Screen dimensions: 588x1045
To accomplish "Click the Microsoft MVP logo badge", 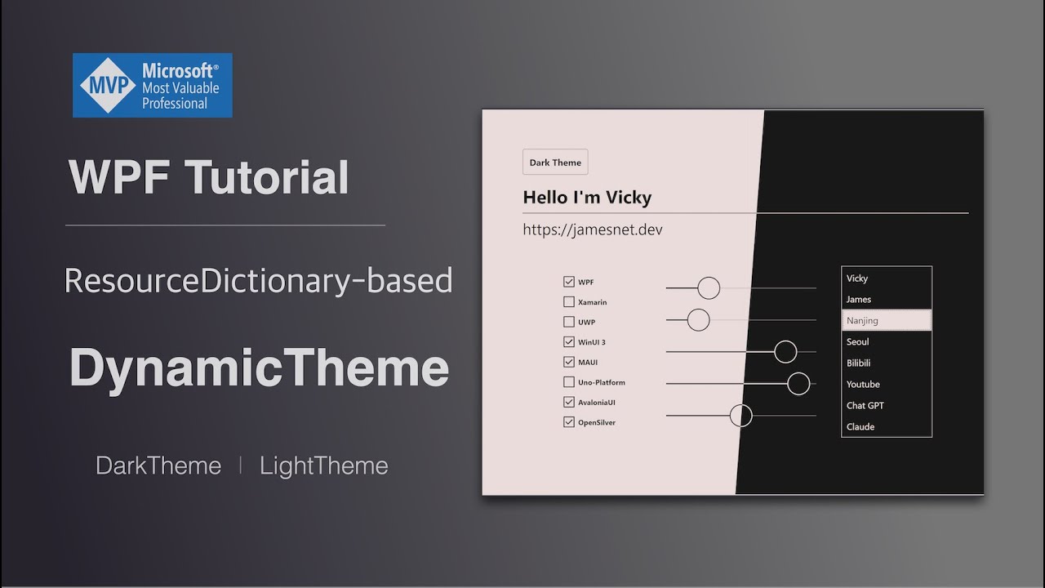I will (153, 85).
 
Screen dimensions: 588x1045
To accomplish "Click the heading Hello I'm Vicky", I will (587, 197).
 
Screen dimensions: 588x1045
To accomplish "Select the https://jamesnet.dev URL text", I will (593, 229).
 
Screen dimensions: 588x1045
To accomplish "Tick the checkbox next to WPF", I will (569, 282).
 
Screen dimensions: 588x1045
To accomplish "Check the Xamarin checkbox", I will (569, 302).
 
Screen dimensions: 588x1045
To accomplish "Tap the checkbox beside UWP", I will (569, 322).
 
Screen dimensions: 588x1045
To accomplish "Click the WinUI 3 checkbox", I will (569, 342).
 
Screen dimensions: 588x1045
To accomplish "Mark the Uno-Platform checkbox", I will (569, 382).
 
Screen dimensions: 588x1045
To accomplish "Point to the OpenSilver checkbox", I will (569, 422).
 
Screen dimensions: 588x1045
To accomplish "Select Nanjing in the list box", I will (886, 320).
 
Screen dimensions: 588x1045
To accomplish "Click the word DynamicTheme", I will (259, 367).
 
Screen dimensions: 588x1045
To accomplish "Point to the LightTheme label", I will (323, 465).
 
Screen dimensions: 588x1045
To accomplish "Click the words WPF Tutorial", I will (209, 177).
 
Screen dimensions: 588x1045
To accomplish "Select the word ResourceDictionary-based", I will (258, 280).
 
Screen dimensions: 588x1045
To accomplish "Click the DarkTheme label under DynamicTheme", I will (158, 465).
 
